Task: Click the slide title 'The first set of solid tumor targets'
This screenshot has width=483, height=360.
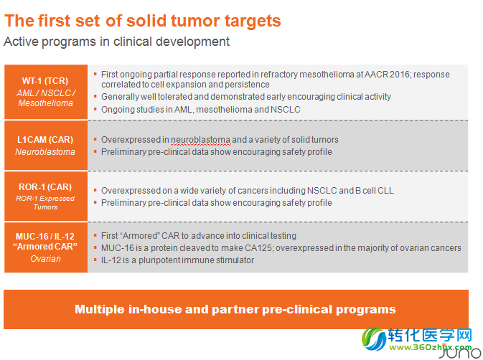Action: [143, 21]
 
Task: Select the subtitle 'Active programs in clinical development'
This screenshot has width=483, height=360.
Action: [117, 42]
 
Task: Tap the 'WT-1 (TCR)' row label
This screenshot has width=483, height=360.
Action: [45, 81]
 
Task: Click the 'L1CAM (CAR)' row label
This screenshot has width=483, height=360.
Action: [45, 140]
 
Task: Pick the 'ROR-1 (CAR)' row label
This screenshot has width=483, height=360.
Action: [45, 186]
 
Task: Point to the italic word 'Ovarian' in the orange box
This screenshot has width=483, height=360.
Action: [46, 259]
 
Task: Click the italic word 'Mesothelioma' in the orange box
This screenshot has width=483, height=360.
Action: [46, 103]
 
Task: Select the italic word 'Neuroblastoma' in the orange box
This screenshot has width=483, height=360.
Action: [45, 152]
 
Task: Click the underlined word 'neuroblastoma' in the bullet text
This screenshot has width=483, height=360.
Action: [200, 140]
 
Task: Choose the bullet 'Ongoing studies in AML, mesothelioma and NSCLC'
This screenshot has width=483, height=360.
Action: [201, 110]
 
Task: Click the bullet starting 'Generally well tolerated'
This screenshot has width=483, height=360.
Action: [246, 97]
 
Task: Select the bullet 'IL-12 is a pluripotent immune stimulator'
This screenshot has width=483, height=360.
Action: [178, 260]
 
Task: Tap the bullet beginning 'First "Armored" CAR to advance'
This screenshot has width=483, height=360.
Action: [199, 236]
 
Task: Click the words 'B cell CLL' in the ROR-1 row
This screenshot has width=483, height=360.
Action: [374, 191]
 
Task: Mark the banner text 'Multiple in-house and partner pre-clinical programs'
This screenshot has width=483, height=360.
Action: [235, 309]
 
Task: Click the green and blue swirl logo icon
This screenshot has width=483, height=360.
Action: [374, 338]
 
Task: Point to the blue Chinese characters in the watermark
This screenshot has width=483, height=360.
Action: [430, 335]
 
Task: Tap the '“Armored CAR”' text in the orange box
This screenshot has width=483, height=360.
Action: [45, 247]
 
